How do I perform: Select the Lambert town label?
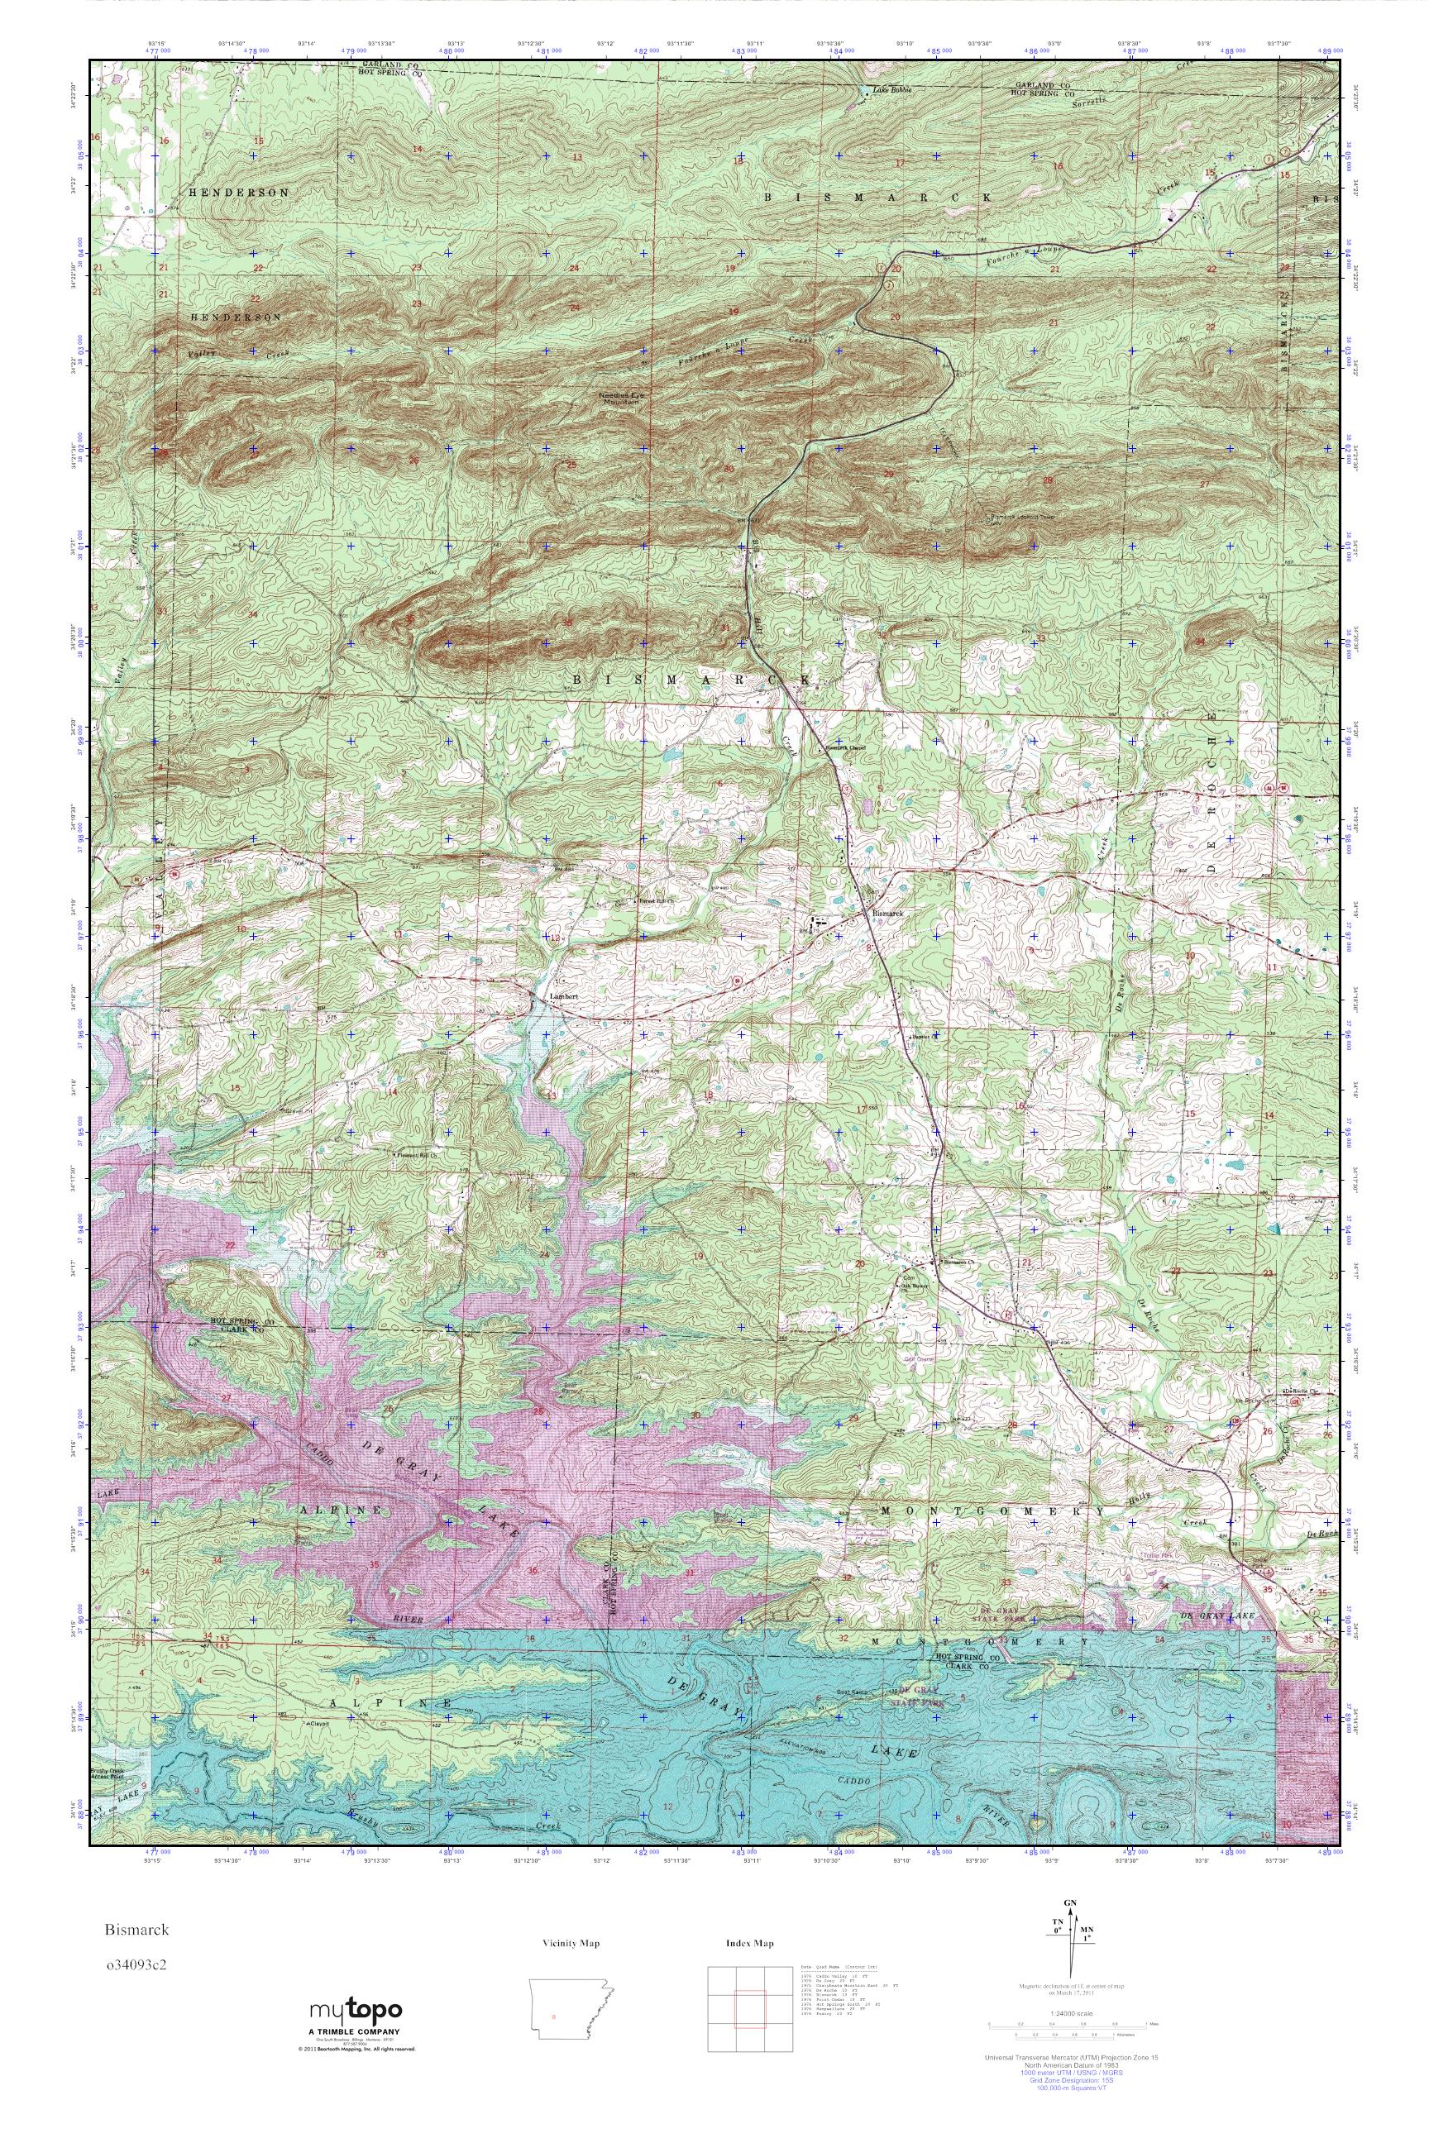[x=563, y=997]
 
